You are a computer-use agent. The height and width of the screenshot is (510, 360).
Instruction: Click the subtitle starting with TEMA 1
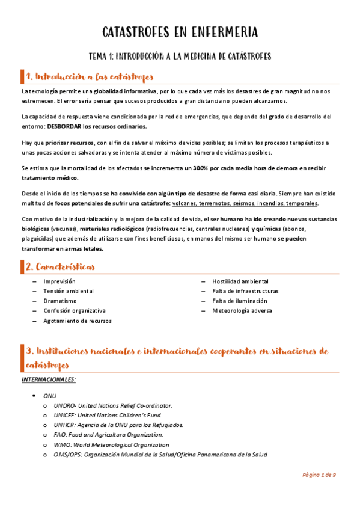coord(180,56)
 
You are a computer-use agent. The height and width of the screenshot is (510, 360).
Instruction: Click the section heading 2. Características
coord(59,266)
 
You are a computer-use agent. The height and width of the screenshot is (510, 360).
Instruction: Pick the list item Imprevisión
coord(59,281)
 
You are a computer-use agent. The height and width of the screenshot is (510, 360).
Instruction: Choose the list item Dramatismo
coord(59,301)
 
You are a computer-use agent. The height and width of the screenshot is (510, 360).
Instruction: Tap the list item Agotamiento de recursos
coord(77,321)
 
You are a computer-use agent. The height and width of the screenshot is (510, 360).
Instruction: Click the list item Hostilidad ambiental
coord(240,281)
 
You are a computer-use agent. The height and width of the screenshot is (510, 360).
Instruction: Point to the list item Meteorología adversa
coord(242,311)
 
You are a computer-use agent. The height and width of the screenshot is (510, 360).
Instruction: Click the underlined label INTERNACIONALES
coord(49,379)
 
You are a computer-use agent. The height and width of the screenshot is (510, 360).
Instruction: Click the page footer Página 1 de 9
coord(319,475)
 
